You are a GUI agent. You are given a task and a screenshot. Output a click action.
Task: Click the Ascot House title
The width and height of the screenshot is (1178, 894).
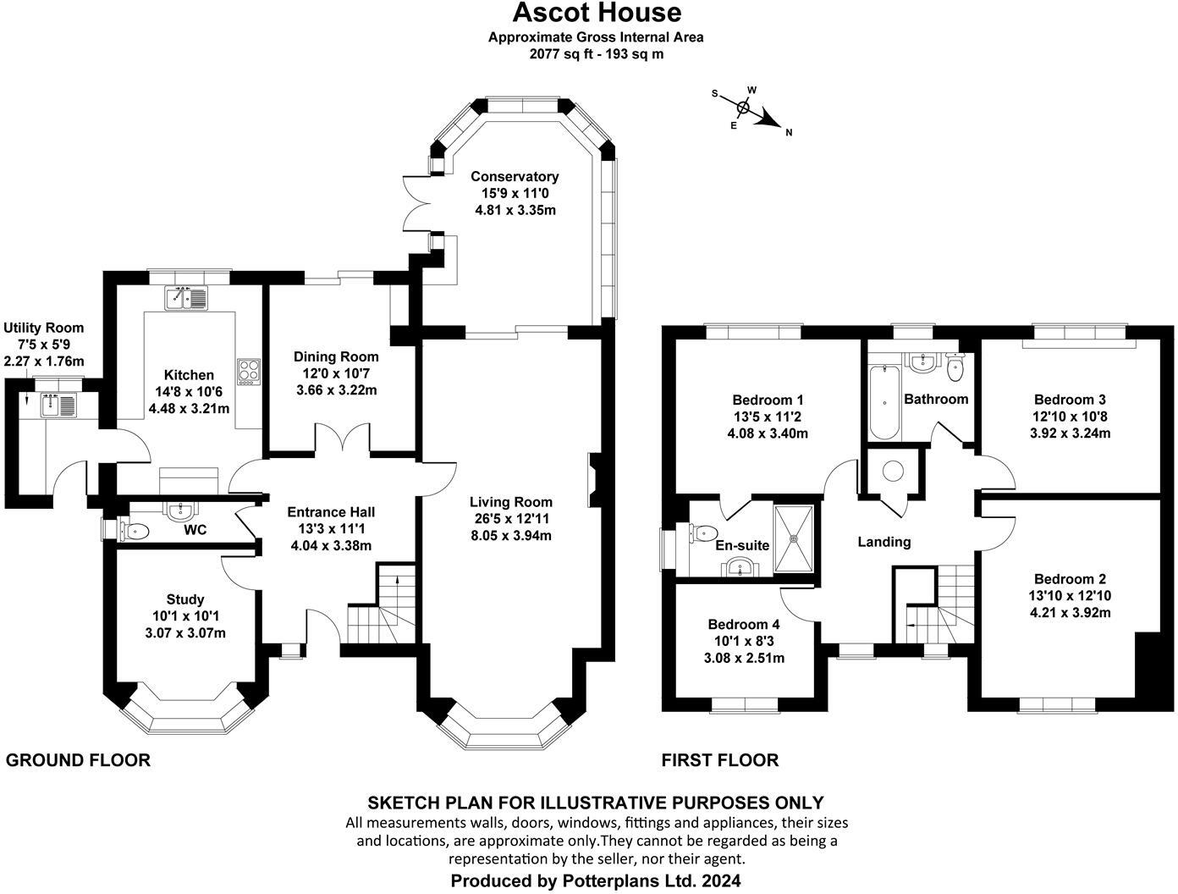coord(597,13)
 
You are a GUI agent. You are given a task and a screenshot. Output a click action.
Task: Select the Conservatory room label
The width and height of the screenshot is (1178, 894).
coord(515,177)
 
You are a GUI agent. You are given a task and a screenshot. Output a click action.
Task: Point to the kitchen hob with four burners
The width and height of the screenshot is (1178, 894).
coord(249,370)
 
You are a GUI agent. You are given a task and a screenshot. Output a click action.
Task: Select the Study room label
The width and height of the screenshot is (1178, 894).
coord(185,599)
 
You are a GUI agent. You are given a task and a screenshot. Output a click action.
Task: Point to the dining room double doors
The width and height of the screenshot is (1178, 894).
coord(342,441)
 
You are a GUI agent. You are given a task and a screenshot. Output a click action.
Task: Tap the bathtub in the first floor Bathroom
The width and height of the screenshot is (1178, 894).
coord(883,400)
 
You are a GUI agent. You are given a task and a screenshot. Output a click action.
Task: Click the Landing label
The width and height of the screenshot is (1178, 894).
coord(884,542)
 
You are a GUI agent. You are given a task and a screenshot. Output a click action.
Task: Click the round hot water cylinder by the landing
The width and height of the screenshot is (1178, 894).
coord(892,471)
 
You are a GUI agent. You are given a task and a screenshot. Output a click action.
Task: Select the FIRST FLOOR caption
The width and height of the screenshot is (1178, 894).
coord(719,760)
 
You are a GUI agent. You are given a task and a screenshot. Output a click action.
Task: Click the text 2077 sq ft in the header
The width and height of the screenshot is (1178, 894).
coord(559,53)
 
